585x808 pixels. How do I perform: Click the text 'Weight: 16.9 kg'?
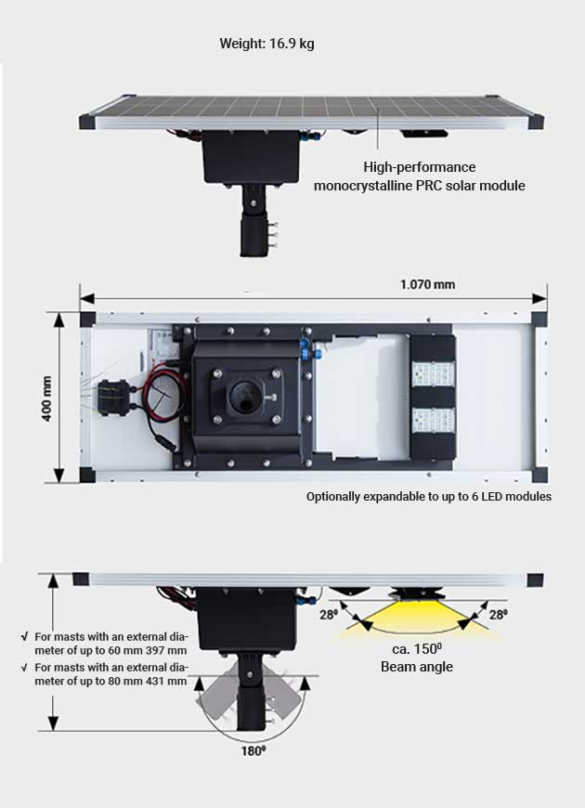(x=266, y=44)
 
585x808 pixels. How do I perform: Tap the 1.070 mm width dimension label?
(x=427, y=284)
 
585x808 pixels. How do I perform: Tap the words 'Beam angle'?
(x=416, y=667)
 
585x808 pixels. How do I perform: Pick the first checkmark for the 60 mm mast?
(x=23, y=637)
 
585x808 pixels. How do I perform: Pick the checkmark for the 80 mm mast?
(x=23, y=668)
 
